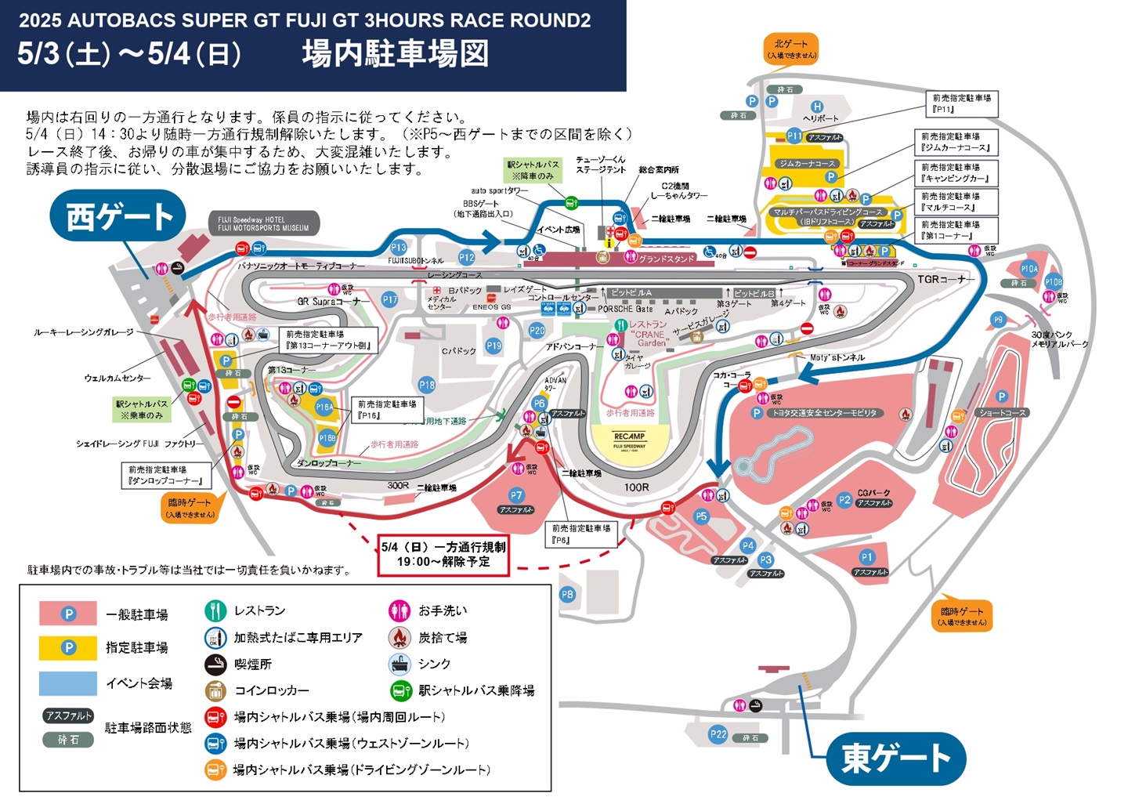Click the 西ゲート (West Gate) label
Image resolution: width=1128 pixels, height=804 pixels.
click(x=118, y=216)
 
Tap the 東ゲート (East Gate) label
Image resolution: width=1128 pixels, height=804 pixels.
click(x=895, y=758)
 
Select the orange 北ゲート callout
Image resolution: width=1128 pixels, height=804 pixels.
click(x=790, y=49)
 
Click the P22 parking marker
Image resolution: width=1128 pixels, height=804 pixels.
click(x=718, y=734)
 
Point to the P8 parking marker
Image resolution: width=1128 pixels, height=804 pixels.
click(x=567, y=595)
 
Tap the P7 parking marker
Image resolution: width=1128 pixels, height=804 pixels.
click(x=516, y=495)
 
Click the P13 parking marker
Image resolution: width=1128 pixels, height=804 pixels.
click(x=399, y=247)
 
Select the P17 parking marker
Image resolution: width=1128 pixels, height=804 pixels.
click(x=389, y=299)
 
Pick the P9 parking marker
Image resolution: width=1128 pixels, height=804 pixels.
click(x=998, y=320)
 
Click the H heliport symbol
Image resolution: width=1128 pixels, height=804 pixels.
click(x=816, y=107)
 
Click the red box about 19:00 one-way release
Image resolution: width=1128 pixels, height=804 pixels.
click(x=443, y=555)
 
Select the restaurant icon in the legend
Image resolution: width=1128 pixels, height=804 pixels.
click(x=215, y=610)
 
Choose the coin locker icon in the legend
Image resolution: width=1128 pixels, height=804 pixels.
click(x=215, y=690)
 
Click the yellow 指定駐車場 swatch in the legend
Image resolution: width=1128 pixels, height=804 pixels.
click(x=68, y=647)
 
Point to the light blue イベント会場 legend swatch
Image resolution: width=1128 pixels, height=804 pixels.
click(x=68, y=683)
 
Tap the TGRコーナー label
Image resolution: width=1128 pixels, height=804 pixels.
click(x=946, y=279)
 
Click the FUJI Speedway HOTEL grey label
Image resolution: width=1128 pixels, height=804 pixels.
click(x=263, y=224)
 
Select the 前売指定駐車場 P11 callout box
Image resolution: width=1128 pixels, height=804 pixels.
click(x=961, y=103)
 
